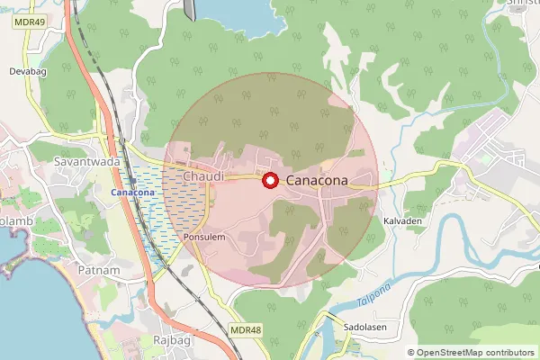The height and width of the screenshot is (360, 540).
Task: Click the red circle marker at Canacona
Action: click(x=269, y=181)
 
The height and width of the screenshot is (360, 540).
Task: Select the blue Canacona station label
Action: click(x=132, y=193)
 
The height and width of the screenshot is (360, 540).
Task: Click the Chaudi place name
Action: click(x=202, y=175)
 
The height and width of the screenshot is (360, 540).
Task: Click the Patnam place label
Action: click(x=98, y=270)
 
